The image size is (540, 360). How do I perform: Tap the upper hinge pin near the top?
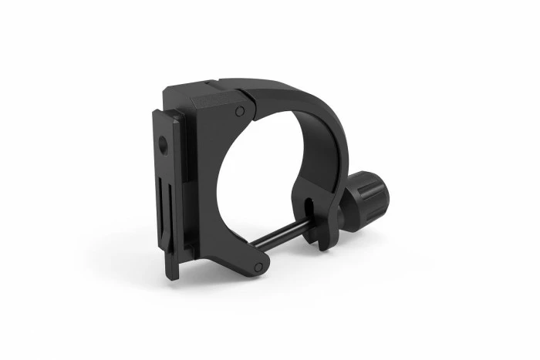pos(240,112)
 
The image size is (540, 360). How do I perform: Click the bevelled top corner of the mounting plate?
pos(158,116)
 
